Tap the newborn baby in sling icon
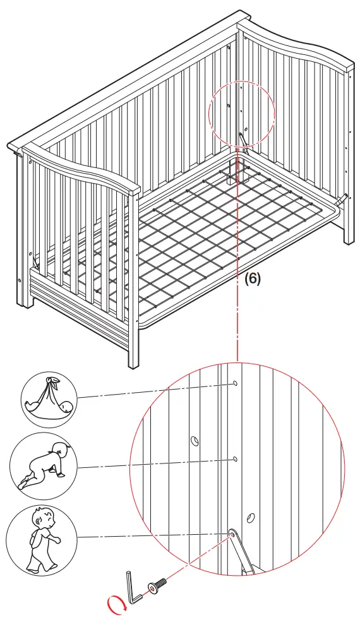tap(49, 400)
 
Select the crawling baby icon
tap(44, 467)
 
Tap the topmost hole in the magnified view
tap(234, 384)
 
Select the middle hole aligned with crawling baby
tap(234, 458)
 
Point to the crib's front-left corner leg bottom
tap(133, 363)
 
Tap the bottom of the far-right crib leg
tap(349, 240)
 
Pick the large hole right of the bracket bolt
tap(251, 518)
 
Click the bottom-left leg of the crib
tap(27, 303)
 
